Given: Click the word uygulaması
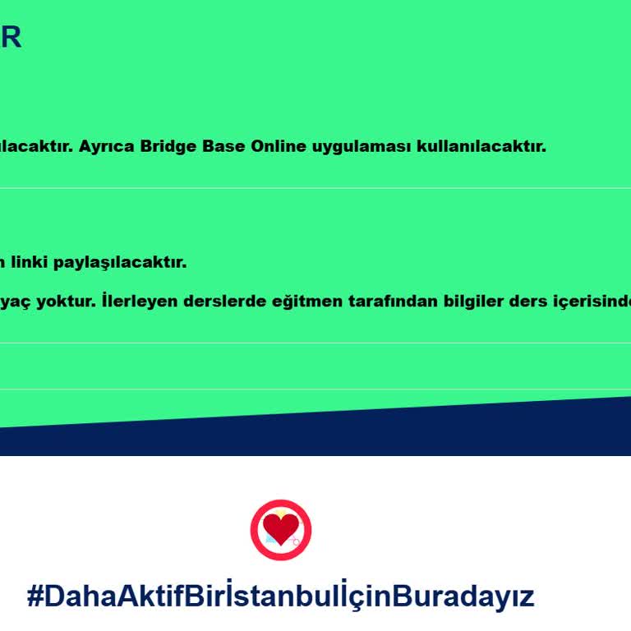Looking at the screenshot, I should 360,148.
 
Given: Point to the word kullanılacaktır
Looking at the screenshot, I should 481,147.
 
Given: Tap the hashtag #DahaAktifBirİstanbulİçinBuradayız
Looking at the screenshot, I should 280,596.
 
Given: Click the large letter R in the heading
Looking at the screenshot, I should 10,37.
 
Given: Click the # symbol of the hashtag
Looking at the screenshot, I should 35,596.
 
